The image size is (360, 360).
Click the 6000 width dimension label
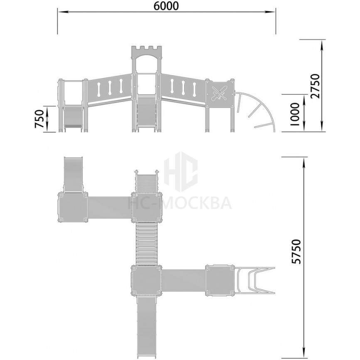[166, 6]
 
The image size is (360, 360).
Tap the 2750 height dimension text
[315, 86]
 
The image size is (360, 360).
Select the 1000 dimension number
[295, 114]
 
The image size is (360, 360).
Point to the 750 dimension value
[39, 119]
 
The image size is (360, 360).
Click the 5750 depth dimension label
[296, 252]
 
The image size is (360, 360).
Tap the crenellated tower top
[147, 52]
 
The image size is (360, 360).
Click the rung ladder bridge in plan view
[147, 244]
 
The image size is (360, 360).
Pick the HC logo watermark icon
[181, 172]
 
